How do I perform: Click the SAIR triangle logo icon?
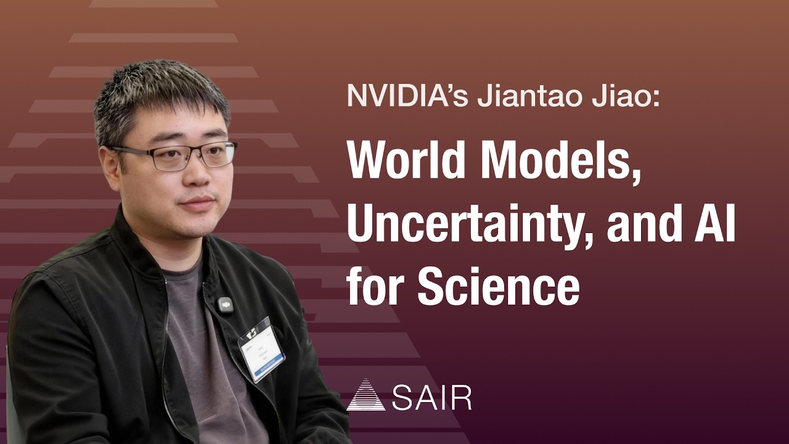coord(366,395)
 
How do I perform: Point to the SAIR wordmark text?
coord(431,398)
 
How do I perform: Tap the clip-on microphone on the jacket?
coord(226,305)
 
